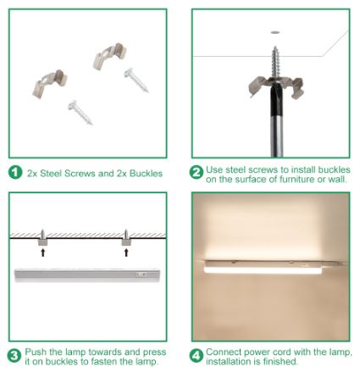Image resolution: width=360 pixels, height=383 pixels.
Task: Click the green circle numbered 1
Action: coord(15,172)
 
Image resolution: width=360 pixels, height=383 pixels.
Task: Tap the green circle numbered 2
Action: coord(196,172)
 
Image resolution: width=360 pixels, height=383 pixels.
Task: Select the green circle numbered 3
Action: coord(14,356)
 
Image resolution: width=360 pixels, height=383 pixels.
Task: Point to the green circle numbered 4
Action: coord(196,356)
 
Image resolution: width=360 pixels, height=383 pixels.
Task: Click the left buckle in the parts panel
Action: coord(50,83)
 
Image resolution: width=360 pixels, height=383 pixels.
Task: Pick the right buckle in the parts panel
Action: coord(109,56)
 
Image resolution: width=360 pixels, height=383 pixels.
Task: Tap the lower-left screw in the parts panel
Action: coord(80,113)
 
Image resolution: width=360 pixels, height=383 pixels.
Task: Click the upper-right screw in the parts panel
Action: coord(136,80)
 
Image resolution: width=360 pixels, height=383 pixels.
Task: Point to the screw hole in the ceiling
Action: coord(275,33)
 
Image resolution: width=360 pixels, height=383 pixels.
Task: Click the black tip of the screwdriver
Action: coord(277,99)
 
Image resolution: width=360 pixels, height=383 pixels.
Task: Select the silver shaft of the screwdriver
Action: coord(277,136)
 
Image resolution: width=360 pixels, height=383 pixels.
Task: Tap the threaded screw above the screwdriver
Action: coord(275,62)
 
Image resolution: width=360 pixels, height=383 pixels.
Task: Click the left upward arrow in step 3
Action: coord(43,253)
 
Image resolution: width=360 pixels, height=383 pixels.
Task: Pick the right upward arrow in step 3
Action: coord(126,253)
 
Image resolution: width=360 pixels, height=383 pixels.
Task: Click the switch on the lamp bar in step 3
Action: coord(141,275)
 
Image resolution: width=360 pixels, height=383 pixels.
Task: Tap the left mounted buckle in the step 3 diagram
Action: coord(42,242)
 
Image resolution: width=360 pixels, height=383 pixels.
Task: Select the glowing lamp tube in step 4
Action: coord(263,270)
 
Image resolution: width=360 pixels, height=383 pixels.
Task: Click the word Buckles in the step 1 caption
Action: coord(146,173)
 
